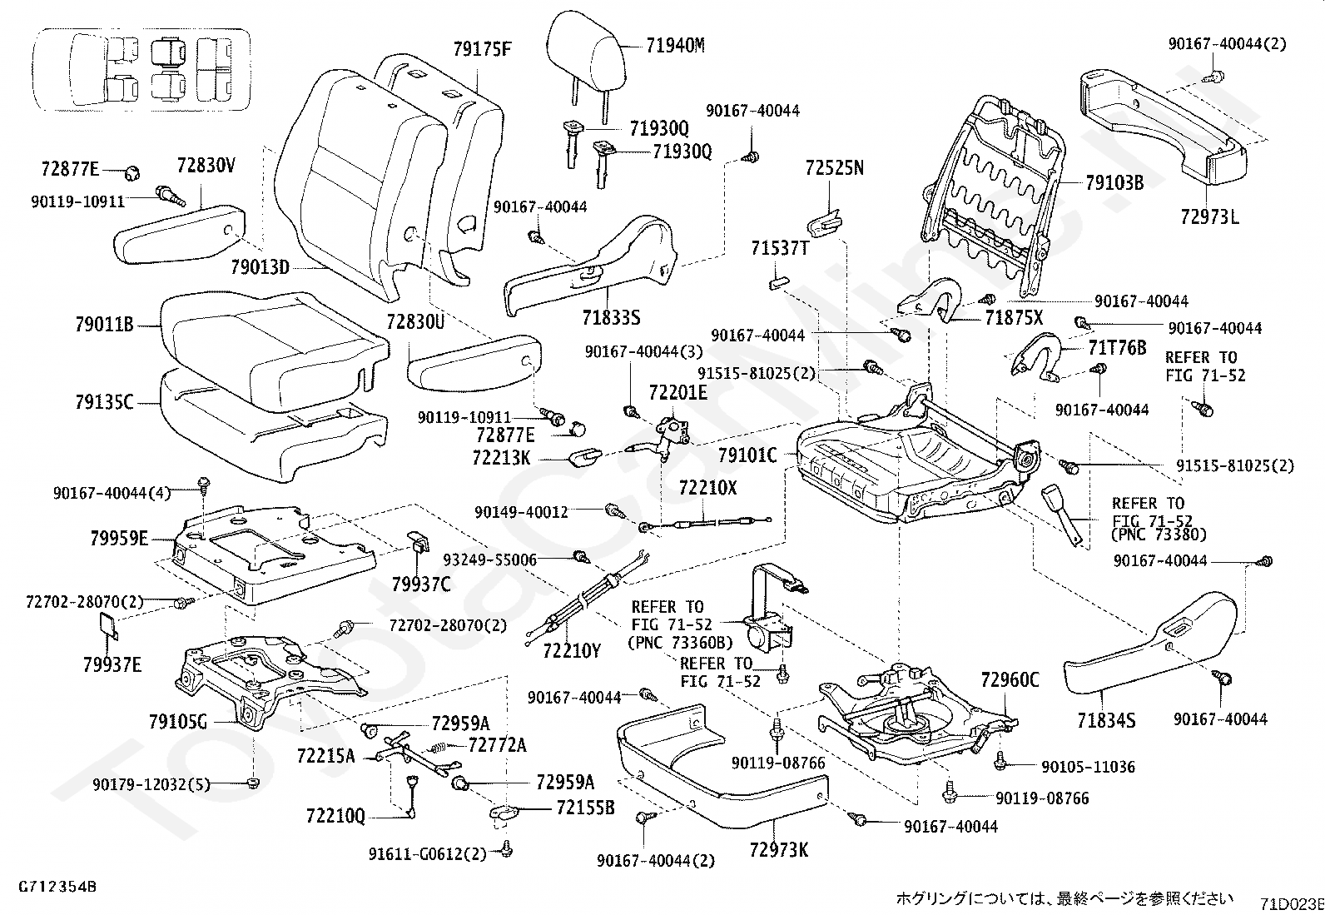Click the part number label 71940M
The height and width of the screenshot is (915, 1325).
coord(675,47)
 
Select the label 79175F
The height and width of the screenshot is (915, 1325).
coord(482,49)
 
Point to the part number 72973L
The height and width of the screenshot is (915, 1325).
coord(1209,218)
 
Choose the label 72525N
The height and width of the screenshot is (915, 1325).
coord(834,168)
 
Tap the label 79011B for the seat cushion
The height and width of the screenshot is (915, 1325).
coord(104,326)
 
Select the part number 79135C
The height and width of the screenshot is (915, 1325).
coord(104,403)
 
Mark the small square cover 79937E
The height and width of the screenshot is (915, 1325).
coord(109,625)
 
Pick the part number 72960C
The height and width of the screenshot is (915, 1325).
coord(1010,680)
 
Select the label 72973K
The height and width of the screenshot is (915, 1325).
coord(778,850)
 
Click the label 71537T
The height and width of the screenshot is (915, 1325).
coord(780,249)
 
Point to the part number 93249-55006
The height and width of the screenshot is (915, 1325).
coord(489,559)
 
